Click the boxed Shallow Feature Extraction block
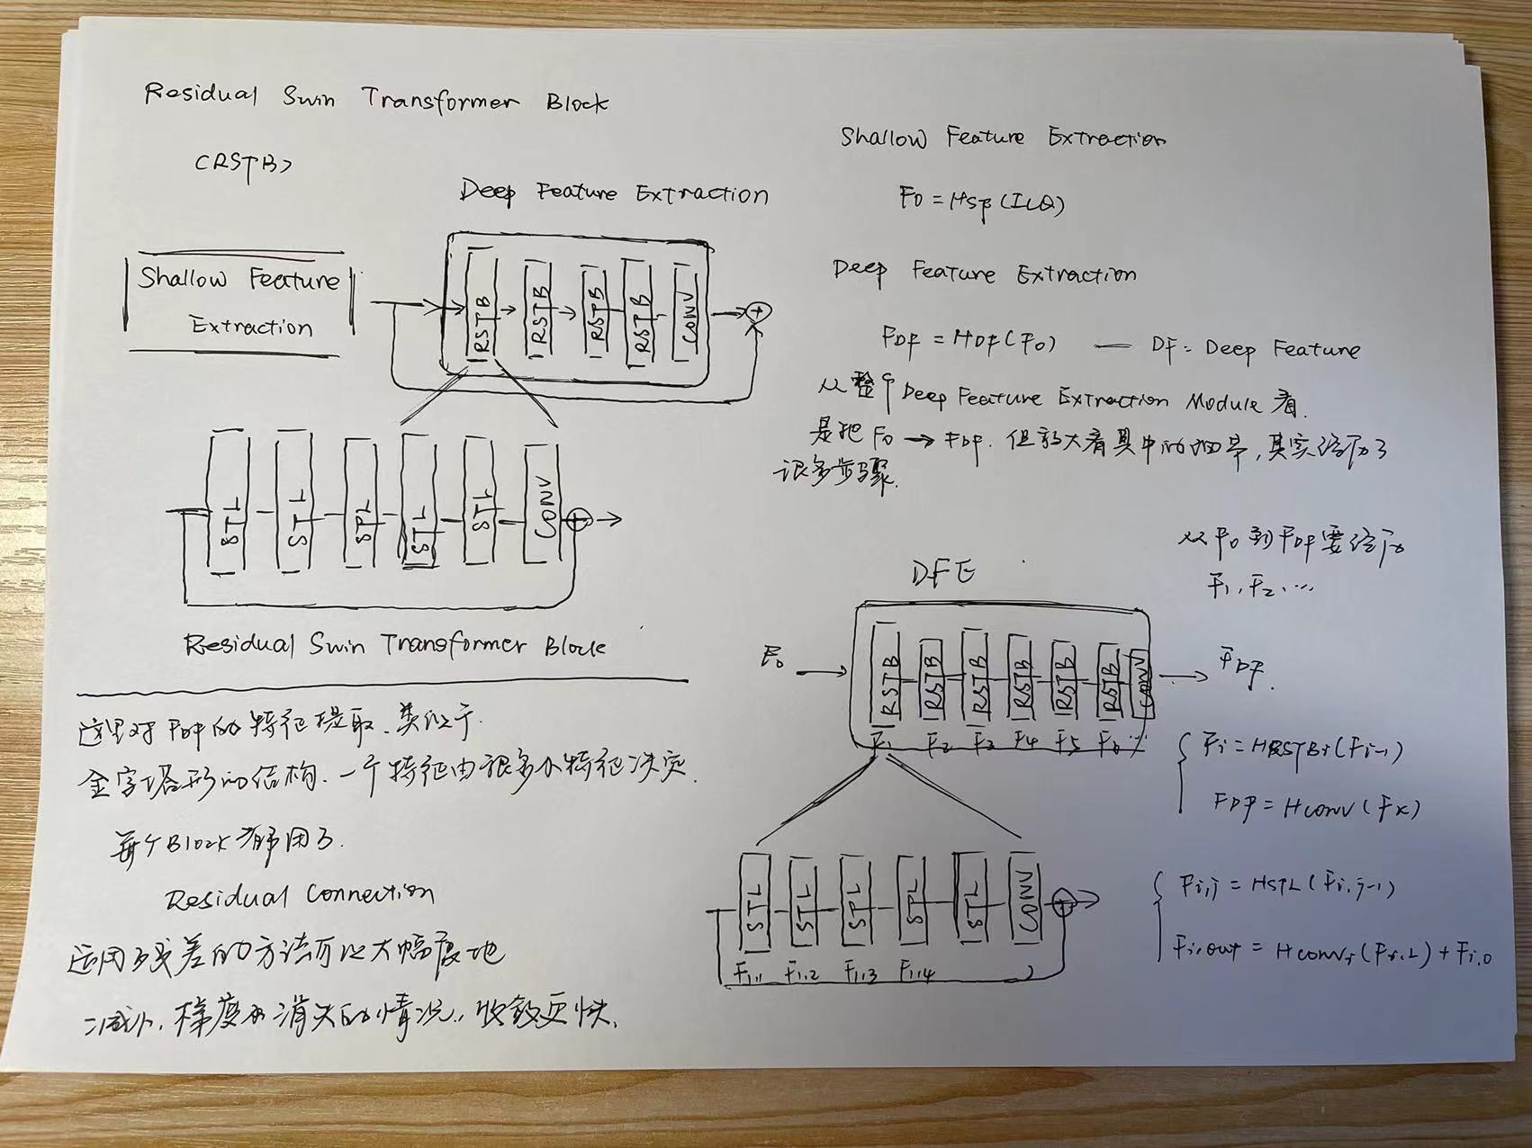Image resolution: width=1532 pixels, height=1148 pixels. tap(239, 301)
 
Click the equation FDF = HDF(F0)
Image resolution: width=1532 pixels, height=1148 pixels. tap(969, 342)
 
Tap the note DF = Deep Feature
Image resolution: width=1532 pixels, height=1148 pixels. tap(1255, 348)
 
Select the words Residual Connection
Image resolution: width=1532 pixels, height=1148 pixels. tap(300, 895)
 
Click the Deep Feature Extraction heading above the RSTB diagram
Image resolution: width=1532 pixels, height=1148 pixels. tap(614, 193)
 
